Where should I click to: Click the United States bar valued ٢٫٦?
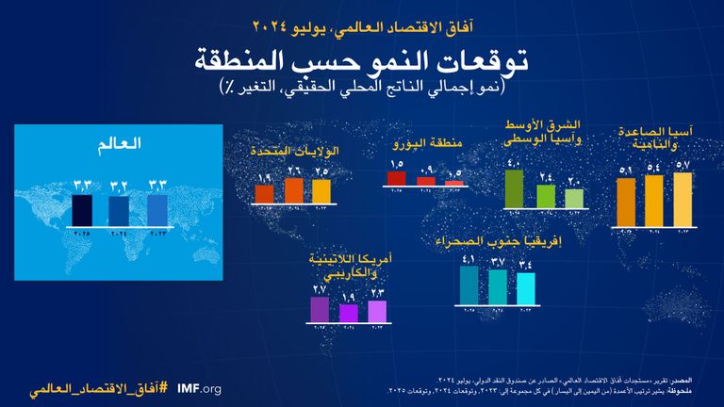pos(293,189)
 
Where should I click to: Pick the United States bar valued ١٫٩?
pos(265,193)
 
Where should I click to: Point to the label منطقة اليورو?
pos(427,145)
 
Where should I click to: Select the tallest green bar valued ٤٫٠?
pos(514,187)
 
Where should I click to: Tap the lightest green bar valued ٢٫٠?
pos(573,198)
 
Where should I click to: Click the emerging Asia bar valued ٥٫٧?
pos(682,198)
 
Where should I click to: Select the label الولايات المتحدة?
pos(295,151)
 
